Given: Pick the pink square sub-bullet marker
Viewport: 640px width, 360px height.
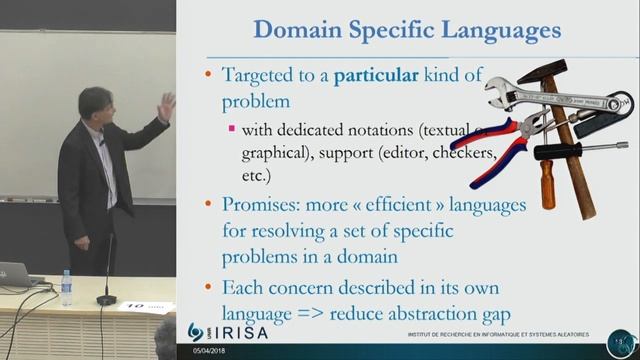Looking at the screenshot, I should [x=232, y=128].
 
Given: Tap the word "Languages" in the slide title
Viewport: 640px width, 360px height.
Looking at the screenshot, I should [x=504, y=30].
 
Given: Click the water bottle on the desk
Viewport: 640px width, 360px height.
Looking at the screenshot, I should [x=66, y=288].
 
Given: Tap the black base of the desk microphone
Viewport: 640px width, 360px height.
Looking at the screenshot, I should [x=106, y=299].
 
